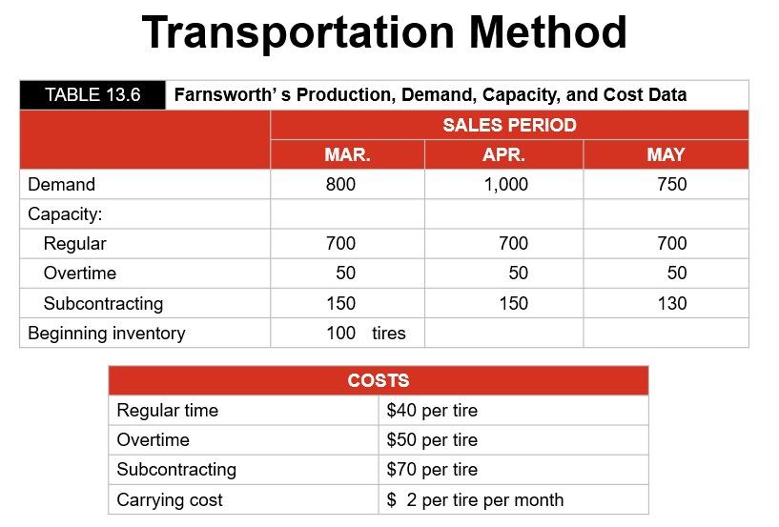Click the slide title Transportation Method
[x=384, y=33]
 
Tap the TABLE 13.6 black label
[x=92, y=94]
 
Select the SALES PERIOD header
[x=509, y=125]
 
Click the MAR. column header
[x=347, y=154]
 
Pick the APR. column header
[x=503, y=154]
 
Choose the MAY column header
[x=666, y=154]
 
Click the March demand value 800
[x=340, y=185]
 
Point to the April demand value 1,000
[x=505, y=185]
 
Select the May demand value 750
[x=671, y=185]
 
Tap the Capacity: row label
[x=65, y=213]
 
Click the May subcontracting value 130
[x=671, y=303]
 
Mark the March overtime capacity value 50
[x=345, y=274]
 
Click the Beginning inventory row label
[x=106, y=333]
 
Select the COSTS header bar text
[x=379, y=380]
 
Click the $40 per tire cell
[x=432, y=411]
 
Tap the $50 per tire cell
[x=432, y=440]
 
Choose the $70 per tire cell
[x=432, y=470]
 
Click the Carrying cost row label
[x=170, y=499]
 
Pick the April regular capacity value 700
[x=513, y=244]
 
